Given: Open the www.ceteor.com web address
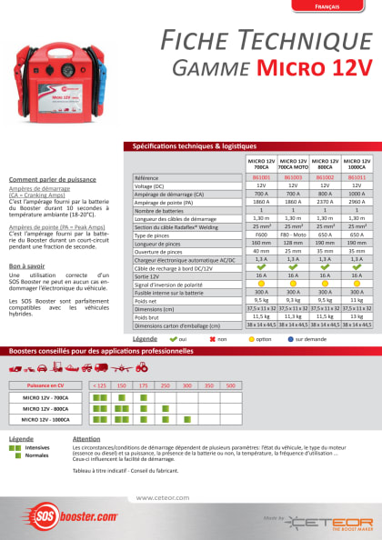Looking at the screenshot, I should coord(162,497).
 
